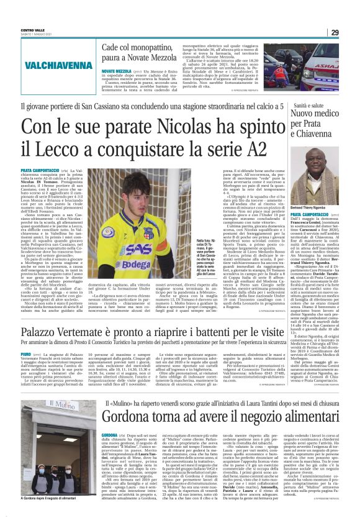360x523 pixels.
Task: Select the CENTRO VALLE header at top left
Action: (x=33, y=30)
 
